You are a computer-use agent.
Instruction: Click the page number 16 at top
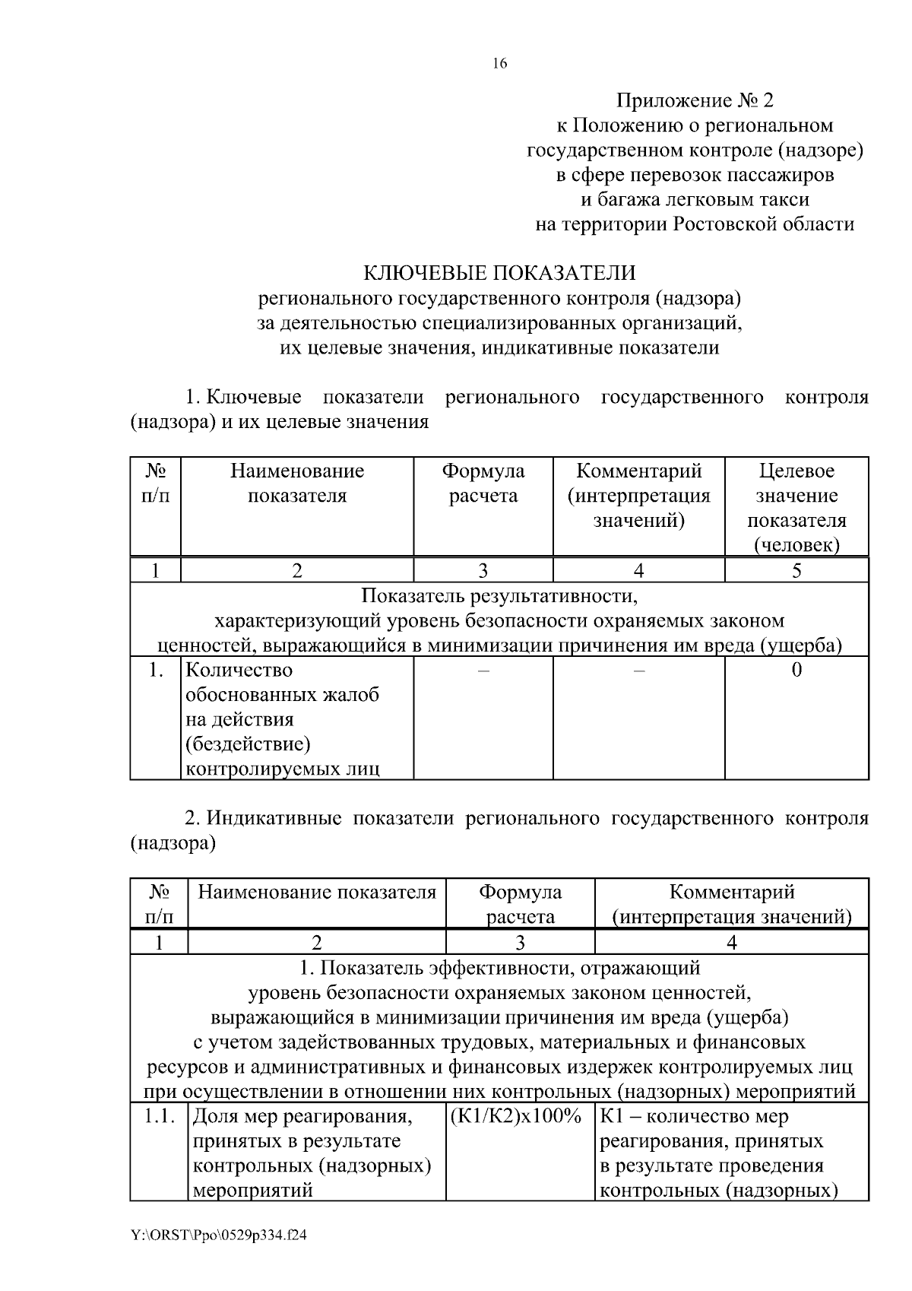pos(499,64)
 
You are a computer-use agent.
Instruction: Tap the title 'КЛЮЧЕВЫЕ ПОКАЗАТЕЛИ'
pos(499,273)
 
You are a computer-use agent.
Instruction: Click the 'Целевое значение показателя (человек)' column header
pos(796,507)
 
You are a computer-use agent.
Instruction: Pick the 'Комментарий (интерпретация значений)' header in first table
pos(638,496)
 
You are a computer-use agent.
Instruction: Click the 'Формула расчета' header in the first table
pos(483,484)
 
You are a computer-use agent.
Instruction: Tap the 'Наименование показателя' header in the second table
pos(317,892)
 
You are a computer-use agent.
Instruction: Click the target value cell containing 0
pos(796,670)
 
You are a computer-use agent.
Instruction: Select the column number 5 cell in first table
pos(796,571)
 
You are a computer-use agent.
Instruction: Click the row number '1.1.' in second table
pos(160,1117)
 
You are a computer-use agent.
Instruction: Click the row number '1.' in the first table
pos(156,671)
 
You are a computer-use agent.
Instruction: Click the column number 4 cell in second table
pos(731,943)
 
